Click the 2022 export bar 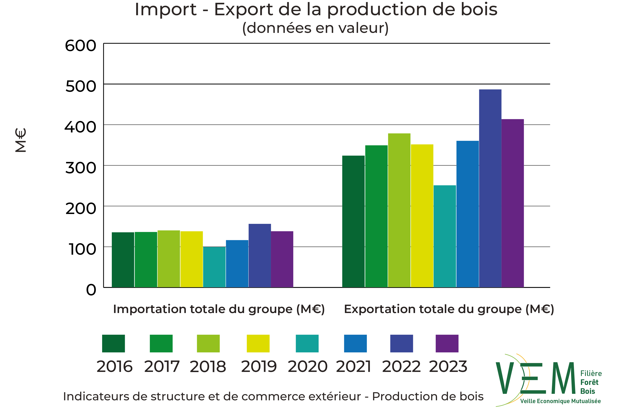(x=490, y=188)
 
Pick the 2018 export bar (x=399, y=210)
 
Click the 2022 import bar (x=260, y=256)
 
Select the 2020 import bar (x=214, y=267)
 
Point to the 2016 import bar (x=123, y=260)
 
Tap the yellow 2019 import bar (x=191, y=259)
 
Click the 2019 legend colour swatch (x=258, y=343)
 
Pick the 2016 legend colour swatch (x=113, y=343)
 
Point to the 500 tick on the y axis (x=81, y=86)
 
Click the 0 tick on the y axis (x=91, y=290)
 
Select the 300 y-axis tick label (x=81, y=168)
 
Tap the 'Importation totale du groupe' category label (x=219, y=309)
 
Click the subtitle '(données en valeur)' (x=315, y=28)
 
